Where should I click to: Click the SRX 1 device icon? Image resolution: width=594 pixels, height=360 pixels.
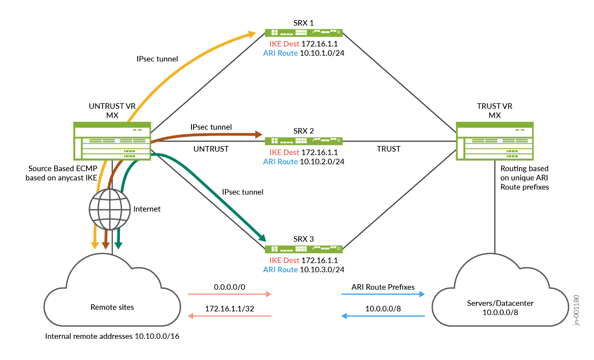click(x=303, y=33)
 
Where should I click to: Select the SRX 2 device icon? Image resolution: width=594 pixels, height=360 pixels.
click(x=303, y=141)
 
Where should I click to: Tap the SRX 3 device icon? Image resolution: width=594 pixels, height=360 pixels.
click(x=303, y=249)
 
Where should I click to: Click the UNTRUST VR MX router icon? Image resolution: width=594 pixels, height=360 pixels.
click(x=112, y=141)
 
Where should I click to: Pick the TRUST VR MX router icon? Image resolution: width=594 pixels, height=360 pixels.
click(x=494, y=141)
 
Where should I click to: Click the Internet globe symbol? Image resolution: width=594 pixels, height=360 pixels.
click(x=110, y=209)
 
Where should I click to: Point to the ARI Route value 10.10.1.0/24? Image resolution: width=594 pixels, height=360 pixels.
click(x=322, y=53)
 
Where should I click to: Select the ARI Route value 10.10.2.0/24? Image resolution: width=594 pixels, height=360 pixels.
click(x=322, y=162)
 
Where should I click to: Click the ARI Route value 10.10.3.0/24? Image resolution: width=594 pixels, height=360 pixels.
click(x=322, y=270)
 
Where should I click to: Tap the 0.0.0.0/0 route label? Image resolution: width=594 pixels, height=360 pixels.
click(x=229, y=287)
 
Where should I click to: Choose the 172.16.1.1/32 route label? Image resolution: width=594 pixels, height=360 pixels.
click(x=229, y=309)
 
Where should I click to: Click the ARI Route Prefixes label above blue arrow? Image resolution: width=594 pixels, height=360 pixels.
click(x=383, y=287)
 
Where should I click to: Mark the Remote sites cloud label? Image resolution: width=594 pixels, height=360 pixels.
click(x=112, y=307)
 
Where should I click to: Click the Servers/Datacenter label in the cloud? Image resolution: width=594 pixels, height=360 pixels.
click(x=500, y=303)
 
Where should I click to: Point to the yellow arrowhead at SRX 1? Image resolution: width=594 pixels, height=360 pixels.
click(x=252, y=33)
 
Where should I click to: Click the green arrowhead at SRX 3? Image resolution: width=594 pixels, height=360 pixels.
click(x=262, y=238)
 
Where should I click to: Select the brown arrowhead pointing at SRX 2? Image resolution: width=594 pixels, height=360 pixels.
click(x=258, y=135)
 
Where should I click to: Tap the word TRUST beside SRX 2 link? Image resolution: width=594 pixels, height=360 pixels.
click(x=389, y=149)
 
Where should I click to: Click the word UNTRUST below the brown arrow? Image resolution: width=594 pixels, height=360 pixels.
click(x=211, y=149)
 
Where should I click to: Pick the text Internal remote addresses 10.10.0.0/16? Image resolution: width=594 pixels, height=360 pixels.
click(x=112, y=336)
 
